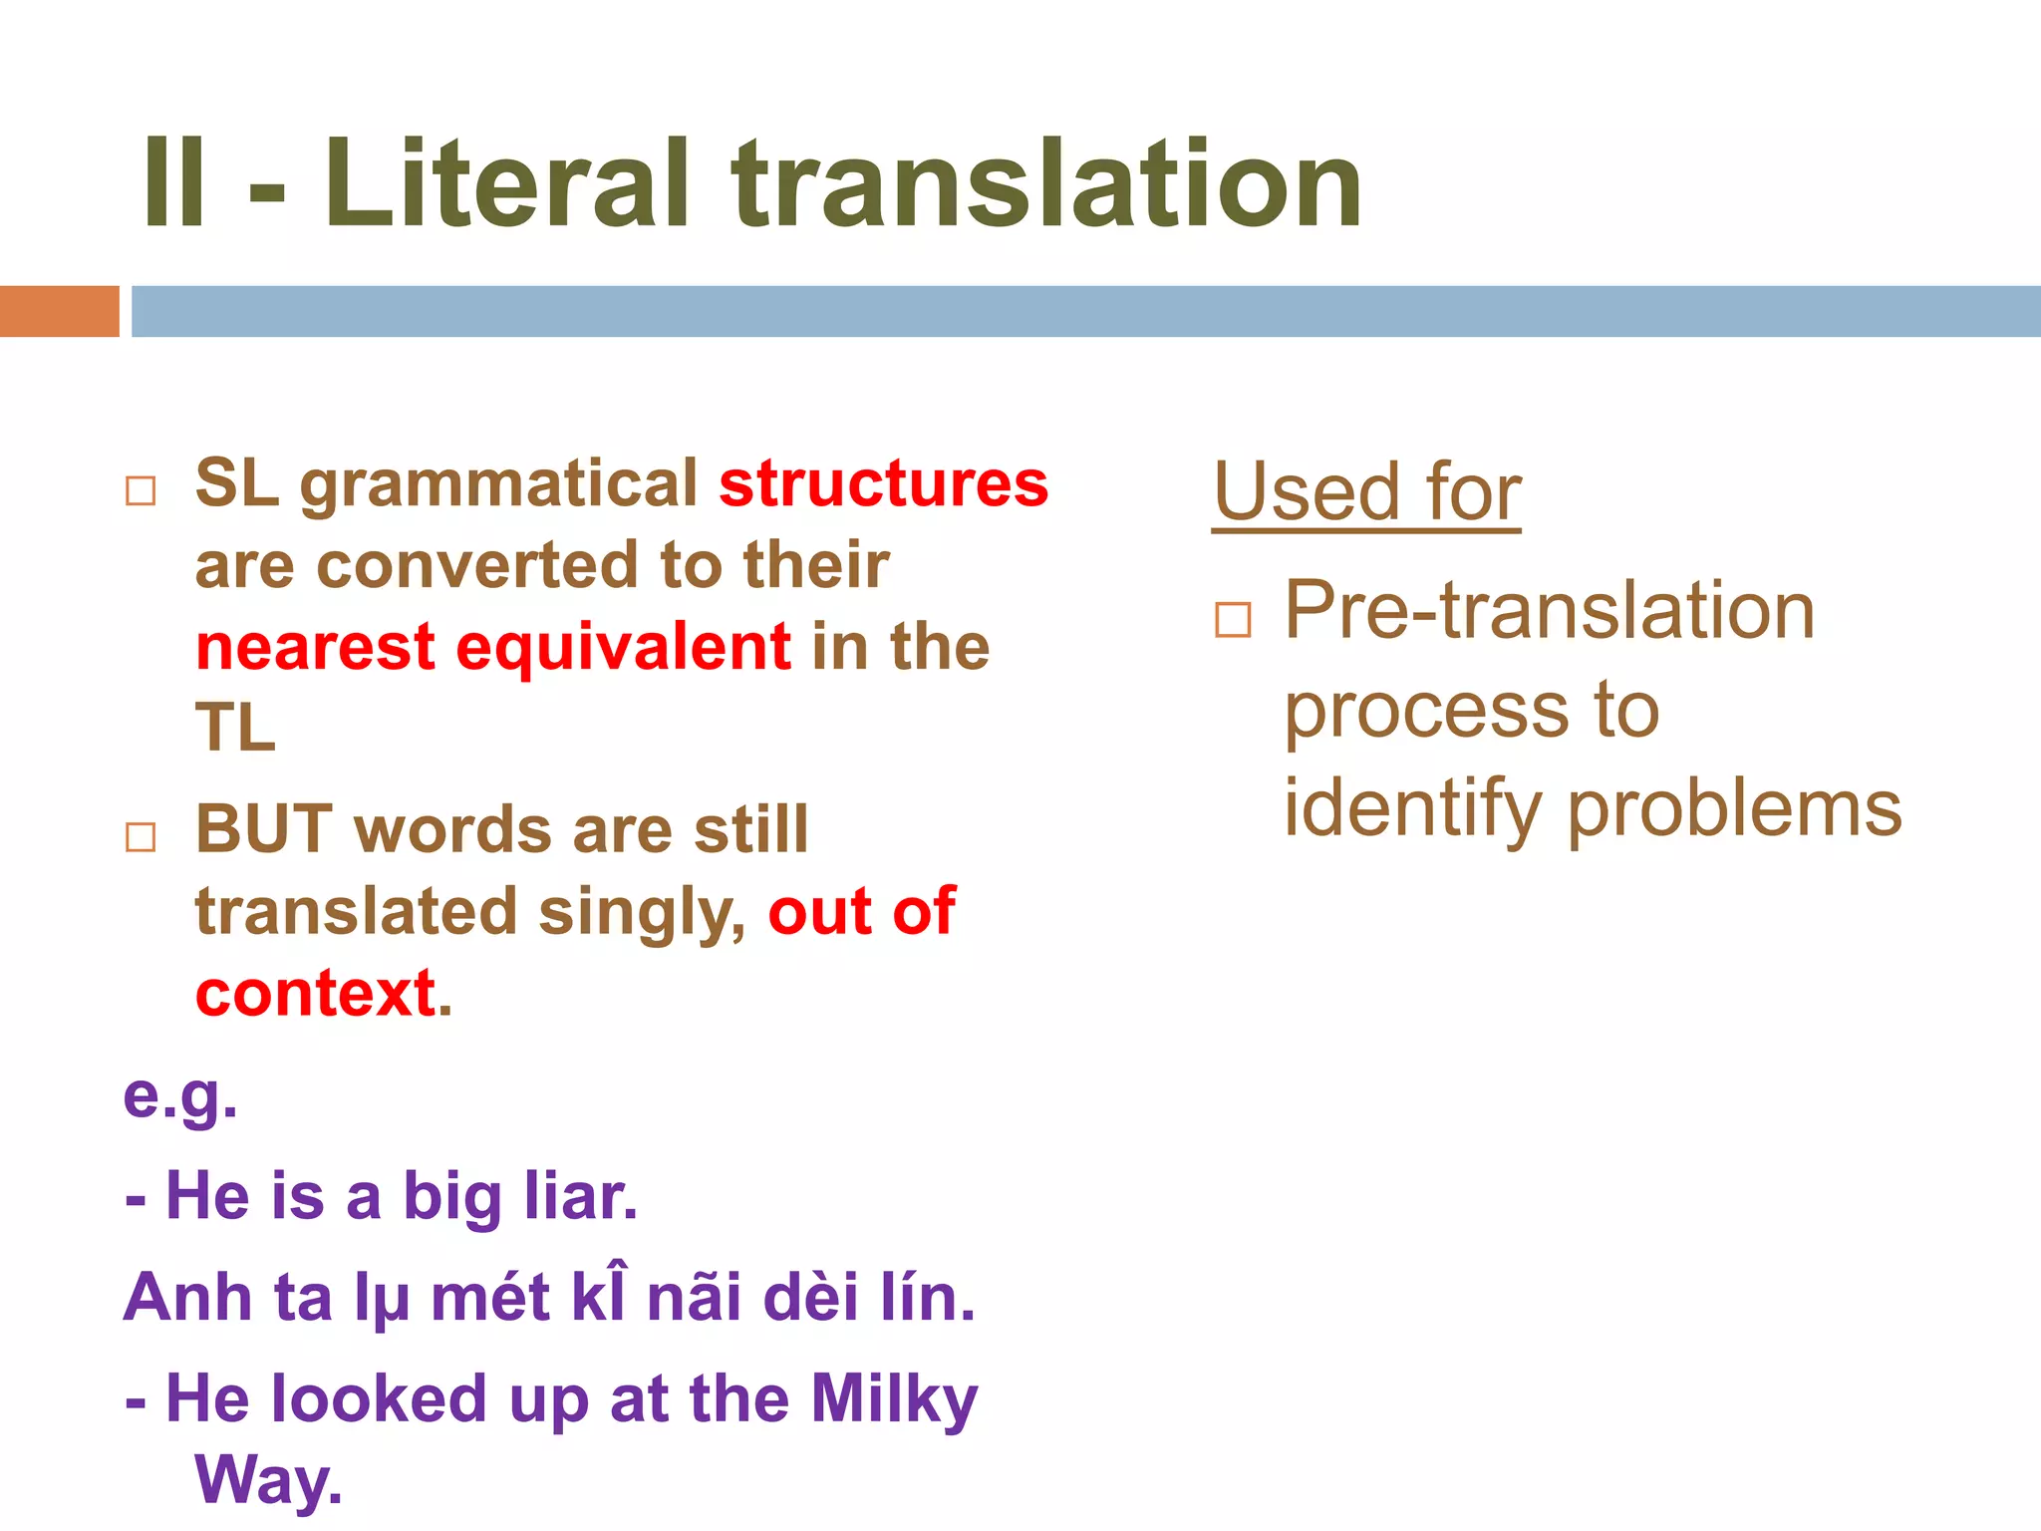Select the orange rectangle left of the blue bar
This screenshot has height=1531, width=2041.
[59, 311]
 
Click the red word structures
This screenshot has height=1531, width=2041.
[883, 484]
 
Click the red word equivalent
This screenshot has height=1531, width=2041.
[623, 647]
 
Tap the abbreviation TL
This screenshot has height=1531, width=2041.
[235, 728]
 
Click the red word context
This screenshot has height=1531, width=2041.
[316, 994]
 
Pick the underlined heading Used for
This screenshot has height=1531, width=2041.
[1366, 492]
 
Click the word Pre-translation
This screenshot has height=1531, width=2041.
[1549, 610]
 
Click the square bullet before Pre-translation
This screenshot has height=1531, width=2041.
[1233, 620]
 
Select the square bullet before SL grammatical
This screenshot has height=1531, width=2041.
[141, 491]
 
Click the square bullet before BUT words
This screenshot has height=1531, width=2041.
[141, 837]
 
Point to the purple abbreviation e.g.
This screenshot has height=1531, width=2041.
[180, 1096]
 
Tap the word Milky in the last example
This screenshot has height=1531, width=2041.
[894, 1399]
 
